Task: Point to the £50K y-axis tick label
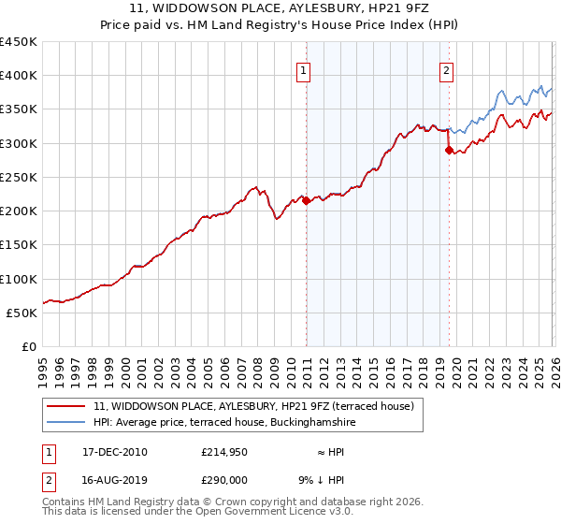22,313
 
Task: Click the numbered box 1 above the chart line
305,69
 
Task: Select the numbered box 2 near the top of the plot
447,69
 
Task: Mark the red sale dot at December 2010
306,200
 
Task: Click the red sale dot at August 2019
449,150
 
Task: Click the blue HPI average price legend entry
224,423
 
